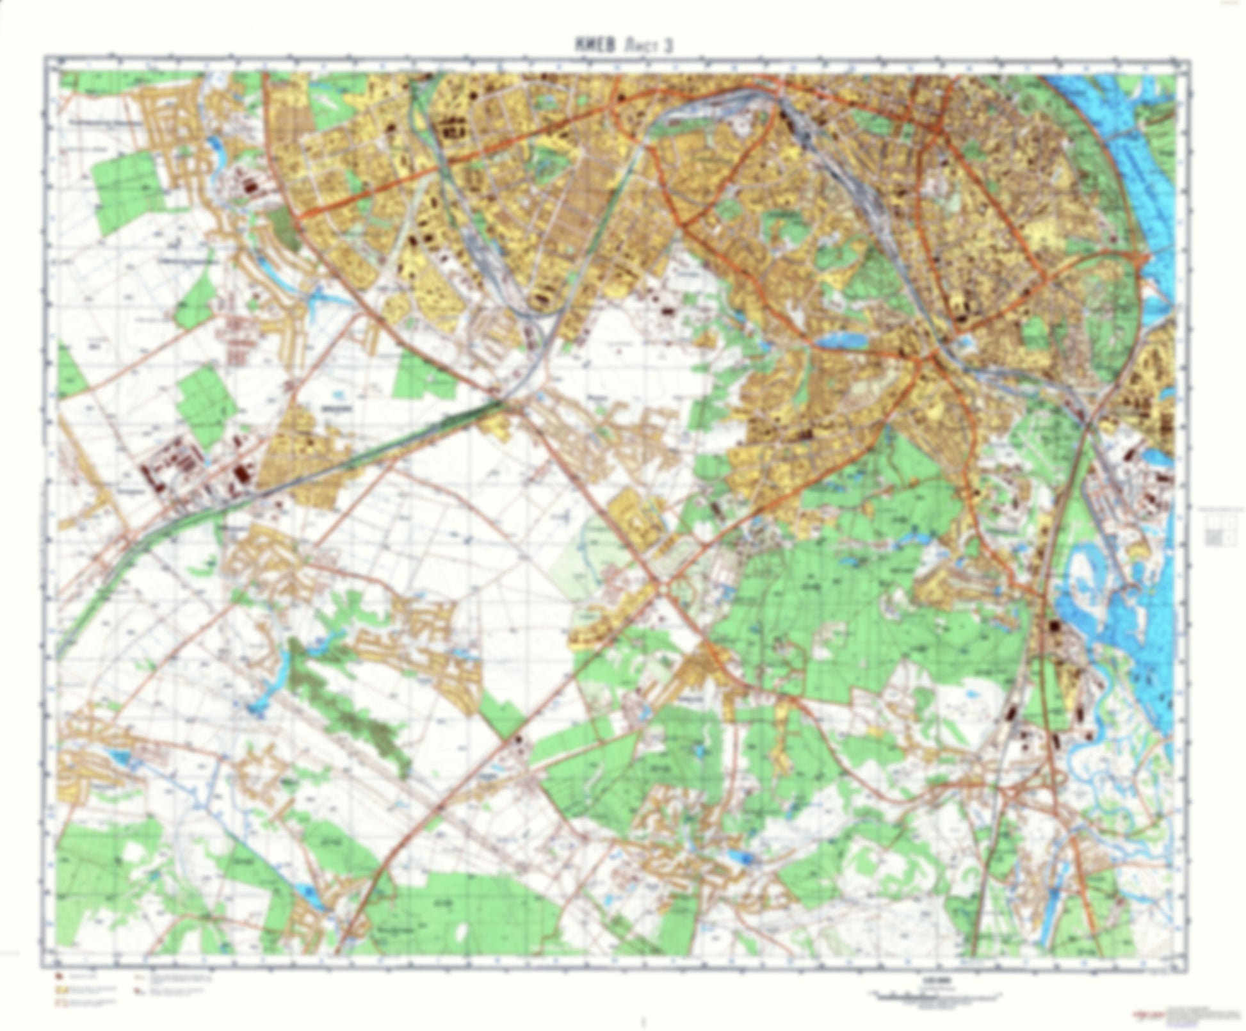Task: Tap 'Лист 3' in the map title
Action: click(642, 45)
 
